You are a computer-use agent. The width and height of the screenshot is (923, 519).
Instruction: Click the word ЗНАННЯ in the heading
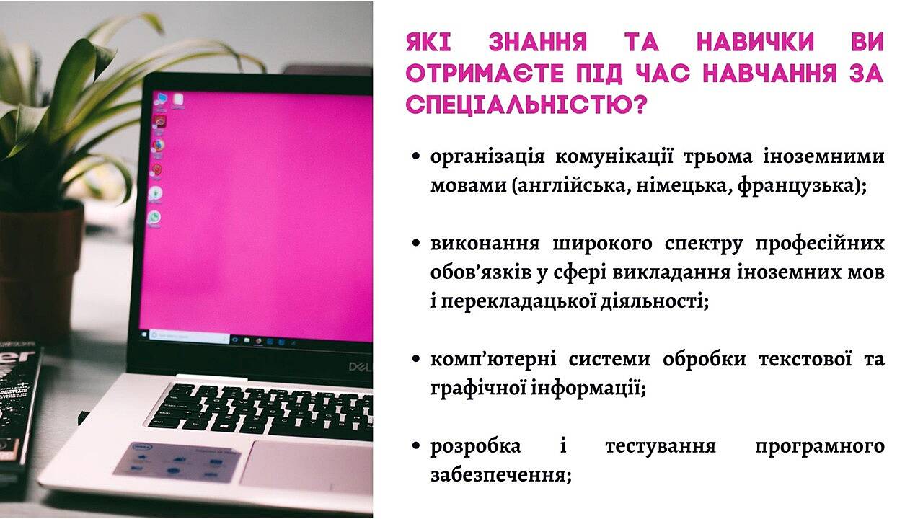tap(537, 42)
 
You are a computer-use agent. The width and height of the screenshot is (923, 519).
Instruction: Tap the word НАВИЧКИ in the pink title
tap(755, 42)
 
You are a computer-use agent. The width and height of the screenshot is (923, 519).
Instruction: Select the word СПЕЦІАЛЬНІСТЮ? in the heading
tap(526, 105)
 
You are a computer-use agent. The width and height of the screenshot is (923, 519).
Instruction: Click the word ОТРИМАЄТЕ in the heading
tap(485, 74)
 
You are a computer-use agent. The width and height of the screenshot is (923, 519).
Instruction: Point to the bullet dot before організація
tap(416, 156)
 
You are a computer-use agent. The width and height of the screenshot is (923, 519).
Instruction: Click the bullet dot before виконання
tap(416, 243)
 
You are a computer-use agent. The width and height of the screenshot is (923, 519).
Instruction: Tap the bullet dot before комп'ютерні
tap(416, 359)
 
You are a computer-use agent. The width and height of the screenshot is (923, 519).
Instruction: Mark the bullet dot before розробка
tap(416, 445)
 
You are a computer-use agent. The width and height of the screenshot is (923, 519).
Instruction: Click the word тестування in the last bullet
tap(661, 446)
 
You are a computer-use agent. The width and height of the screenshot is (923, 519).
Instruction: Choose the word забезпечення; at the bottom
tap(501, 475)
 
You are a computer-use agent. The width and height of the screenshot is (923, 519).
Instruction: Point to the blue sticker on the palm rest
tap(177, 462)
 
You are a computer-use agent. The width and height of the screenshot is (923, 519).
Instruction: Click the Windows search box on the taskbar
tap(189, 337)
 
